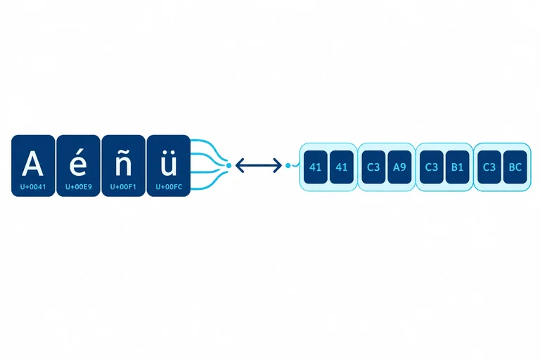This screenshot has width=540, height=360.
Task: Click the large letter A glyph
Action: coord(33,163)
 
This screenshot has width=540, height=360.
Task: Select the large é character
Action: coord(78,162)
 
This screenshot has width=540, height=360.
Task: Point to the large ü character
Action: coord(169,163)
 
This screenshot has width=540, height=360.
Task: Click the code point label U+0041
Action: coord(33,187)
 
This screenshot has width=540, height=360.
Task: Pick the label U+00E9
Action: coord(79,187)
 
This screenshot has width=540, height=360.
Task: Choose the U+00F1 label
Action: coord(123,187)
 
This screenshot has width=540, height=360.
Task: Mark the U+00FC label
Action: coord(169,187)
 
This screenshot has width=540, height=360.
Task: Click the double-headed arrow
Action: coord(259,165)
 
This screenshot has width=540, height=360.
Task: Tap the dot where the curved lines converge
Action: coord(229,166)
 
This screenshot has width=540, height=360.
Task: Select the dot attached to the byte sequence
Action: coord(288,166)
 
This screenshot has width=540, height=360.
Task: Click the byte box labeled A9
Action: coord(399,167)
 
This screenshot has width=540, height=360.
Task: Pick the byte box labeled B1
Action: coord(457,167)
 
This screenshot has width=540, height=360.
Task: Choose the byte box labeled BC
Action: coord(515,167)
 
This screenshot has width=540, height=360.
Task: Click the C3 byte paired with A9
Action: coord(373,167)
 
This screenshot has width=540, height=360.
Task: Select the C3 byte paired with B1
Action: coord(431,167)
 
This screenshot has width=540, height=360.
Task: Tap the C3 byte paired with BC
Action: coord(489,167)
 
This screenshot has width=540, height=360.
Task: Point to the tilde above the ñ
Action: coord(123,153)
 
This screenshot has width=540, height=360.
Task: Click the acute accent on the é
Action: coord(80,153)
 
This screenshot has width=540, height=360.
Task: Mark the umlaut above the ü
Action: coord(169,153)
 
